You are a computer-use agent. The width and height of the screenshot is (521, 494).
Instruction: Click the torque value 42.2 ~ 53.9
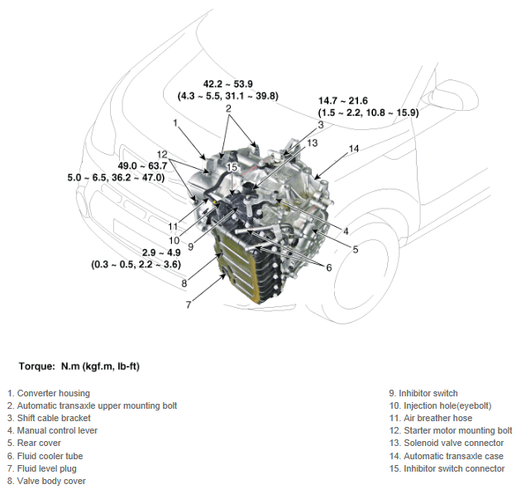(x=228, y=84)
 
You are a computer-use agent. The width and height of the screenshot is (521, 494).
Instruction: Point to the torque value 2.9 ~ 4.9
(x=137, y=252)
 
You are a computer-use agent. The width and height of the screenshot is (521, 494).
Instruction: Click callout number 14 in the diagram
(x=353, y=149)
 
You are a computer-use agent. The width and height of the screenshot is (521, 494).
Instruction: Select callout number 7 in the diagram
(x=189, y=305)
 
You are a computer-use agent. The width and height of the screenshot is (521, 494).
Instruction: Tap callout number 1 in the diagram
(x=176, y=122)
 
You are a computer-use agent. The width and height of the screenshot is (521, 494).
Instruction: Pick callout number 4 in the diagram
(x=345, y=231)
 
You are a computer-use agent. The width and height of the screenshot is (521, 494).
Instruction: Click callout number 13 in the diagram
(x=311, y=143)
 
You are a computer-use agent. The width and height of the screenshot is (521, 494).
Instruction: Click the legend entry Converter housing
(x=48, y=393)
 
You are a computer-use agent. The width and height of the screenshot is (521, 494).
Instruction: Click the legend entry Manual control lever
(x=52, y=431)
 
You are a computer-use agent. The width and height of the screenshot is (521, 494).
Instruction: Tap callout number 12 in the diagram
(x=163, y=155)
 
